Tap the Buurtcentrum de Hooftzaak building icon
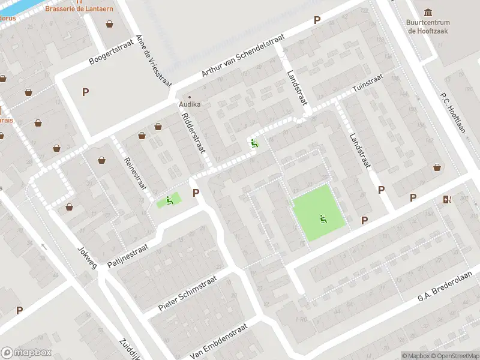[x=428, y=13]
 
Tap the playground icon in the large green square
[x=324, y=219]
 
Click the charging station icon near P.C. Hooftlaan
[x=446, y=200]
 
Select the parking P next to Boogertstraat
[x=85, y=92]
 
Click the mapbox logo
[x=26, y=352]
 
